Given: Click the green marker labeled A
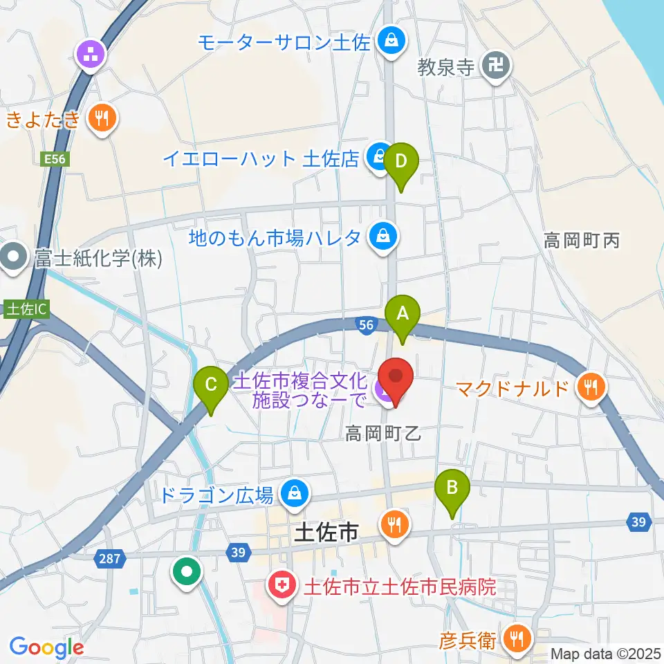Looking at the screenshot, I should pyautogui.click(x=402, y=315).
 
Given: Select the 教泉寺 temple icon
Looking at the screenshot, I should pyautogui.click(x=496, y=66).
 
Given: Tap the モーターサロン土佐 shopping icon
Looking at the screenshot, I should pyautogui.click(x=391, y=42).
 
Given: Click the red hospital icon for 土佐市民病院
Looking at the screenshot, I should pyautogui.click(x=282, y=587).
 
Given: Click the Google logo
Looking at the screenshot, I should pyautogui.click(x=46, y=647).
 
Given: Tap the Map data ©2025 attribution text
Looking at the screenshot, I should pyautogui.click(x=605, y=653).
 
